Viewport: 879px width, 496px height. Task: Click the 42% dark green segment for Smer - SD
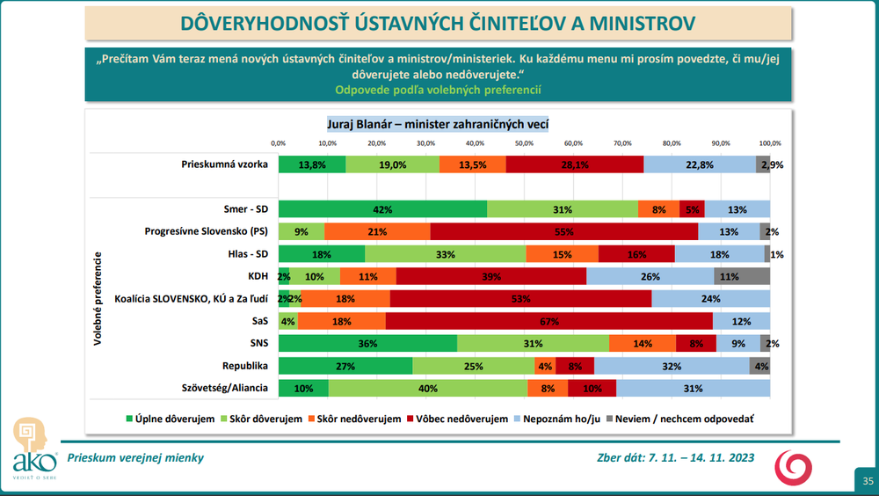click(382, 209)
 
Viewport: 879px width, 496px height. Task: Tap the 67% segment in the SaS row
click(548, 321)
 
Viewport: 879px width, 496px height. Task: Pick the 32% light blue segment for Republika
click(672, 366)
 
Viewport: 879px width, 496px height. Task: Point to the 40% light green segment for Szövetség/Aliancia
click(428, 388)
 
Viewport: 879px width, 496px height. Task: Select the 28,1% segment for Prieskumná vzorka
click(574, 164)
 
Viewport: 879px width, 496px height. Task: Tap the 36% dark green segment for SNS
click(367, 343)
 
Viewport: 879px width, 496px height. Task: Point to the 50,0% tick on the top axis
click(524, 142)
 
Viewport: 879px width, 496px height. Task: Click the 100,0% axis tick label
click(770, 142)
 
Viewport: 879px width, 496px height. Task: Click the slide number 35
click(867, 481)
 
